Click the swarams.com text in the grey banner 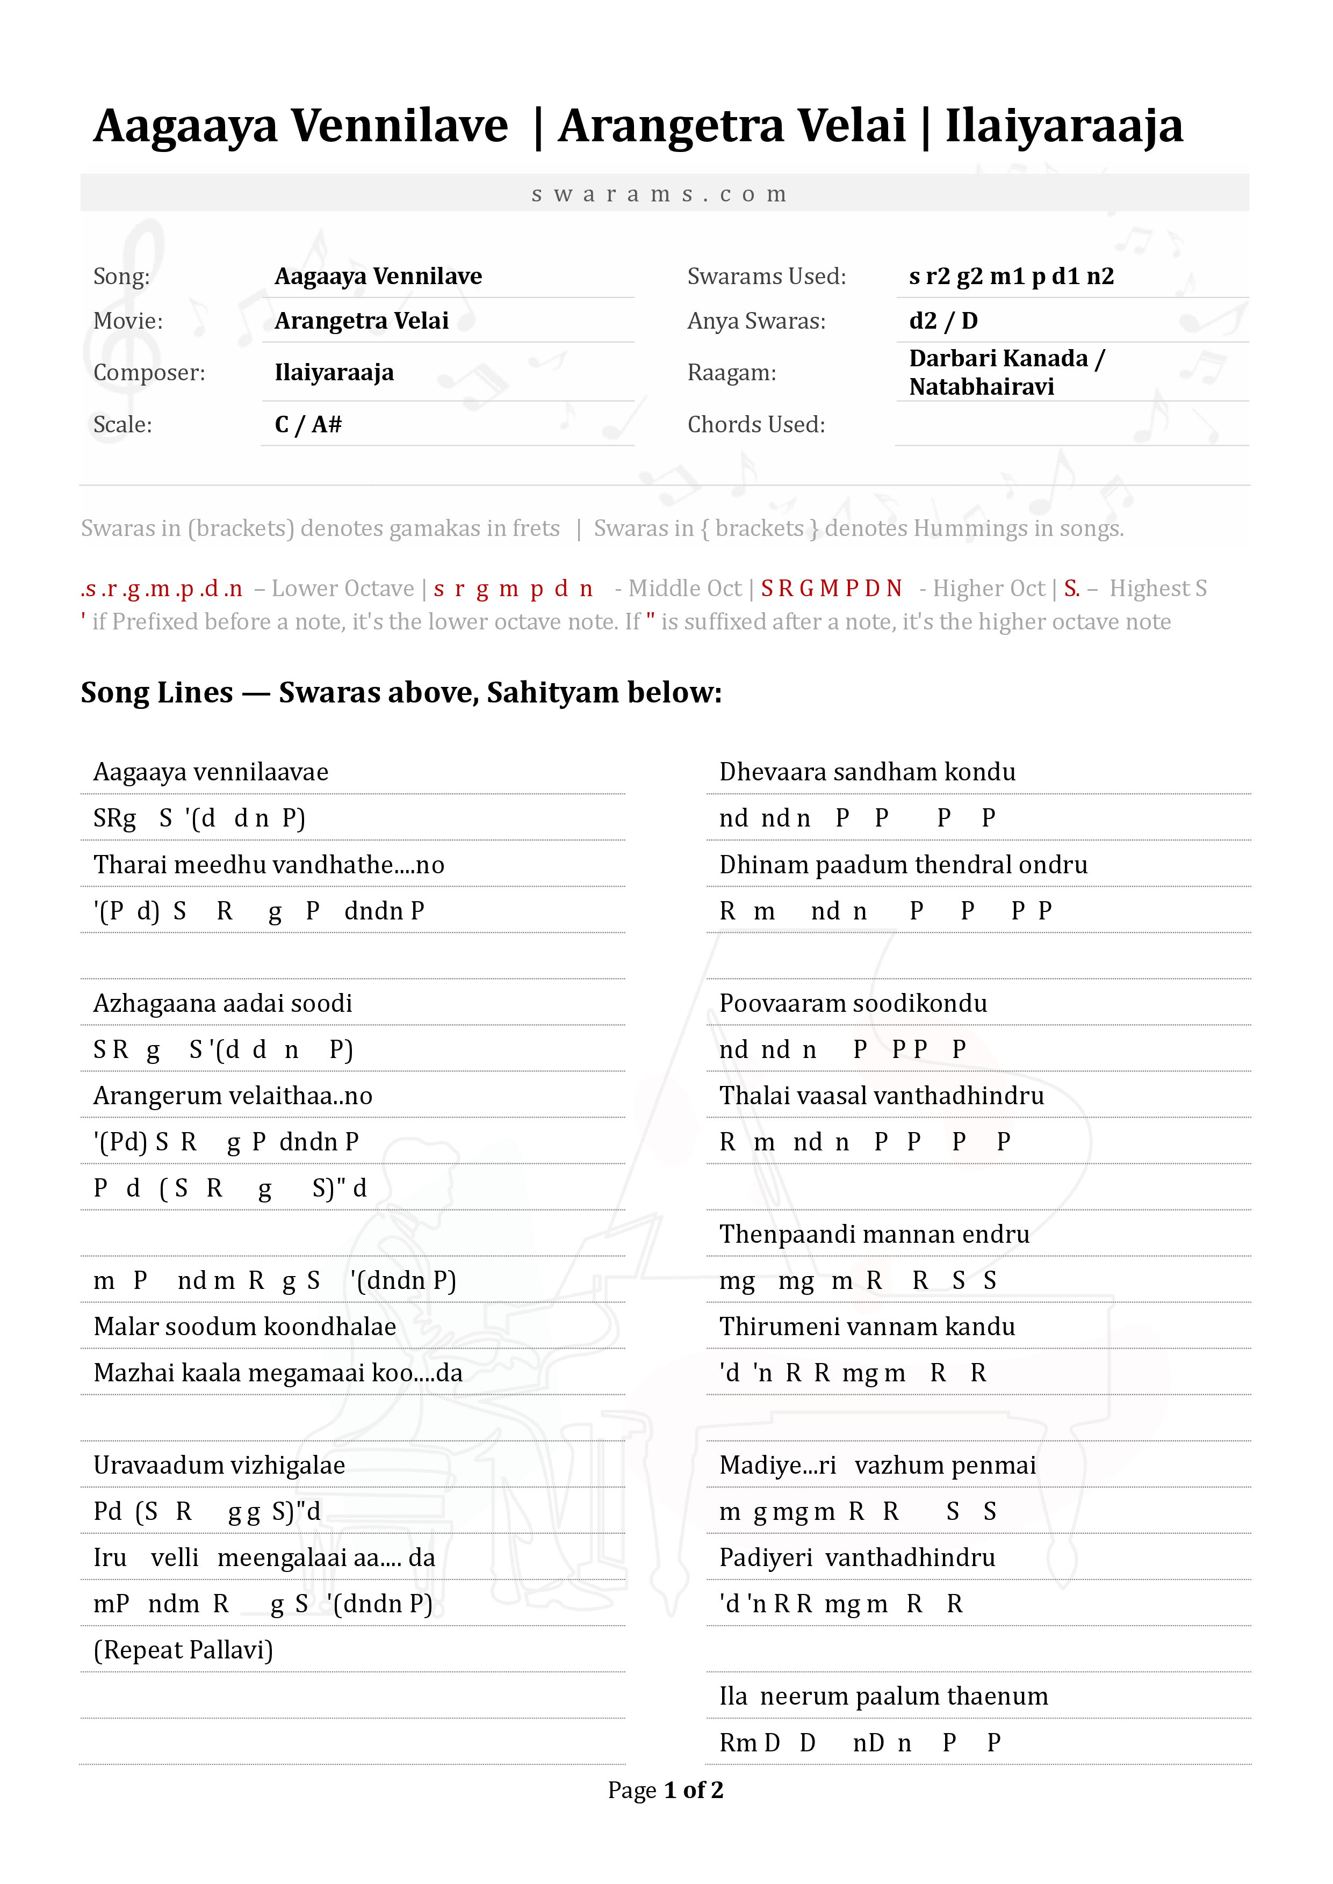point(660,194)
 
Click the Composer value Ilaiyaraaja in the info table point(334,373)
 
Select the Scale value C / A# point(308,424)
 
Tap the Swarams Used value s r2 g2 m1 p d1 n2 point(1011,277)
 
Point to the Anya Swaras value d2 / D point(943,321)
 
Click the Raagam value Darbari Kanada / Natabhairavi point(1006,373)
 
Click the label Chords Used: point(756,424)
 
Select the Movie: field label point(128,321)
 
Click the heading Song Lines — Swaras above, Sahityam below point(401,693)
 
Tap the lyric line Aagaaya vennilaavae point(211,772)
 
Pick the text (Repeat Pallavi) point(183,1649)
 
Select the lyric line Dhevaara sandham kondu point(867,772)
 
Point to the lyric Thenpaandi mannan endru point(874,1234)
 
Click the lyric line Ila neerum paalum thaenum point(883,1696)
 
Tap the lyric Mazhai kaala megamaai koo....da point(277,1373)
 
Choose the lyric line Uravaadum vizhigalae point(219,1466)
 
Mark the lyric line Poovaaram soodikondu point(853,1004)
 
